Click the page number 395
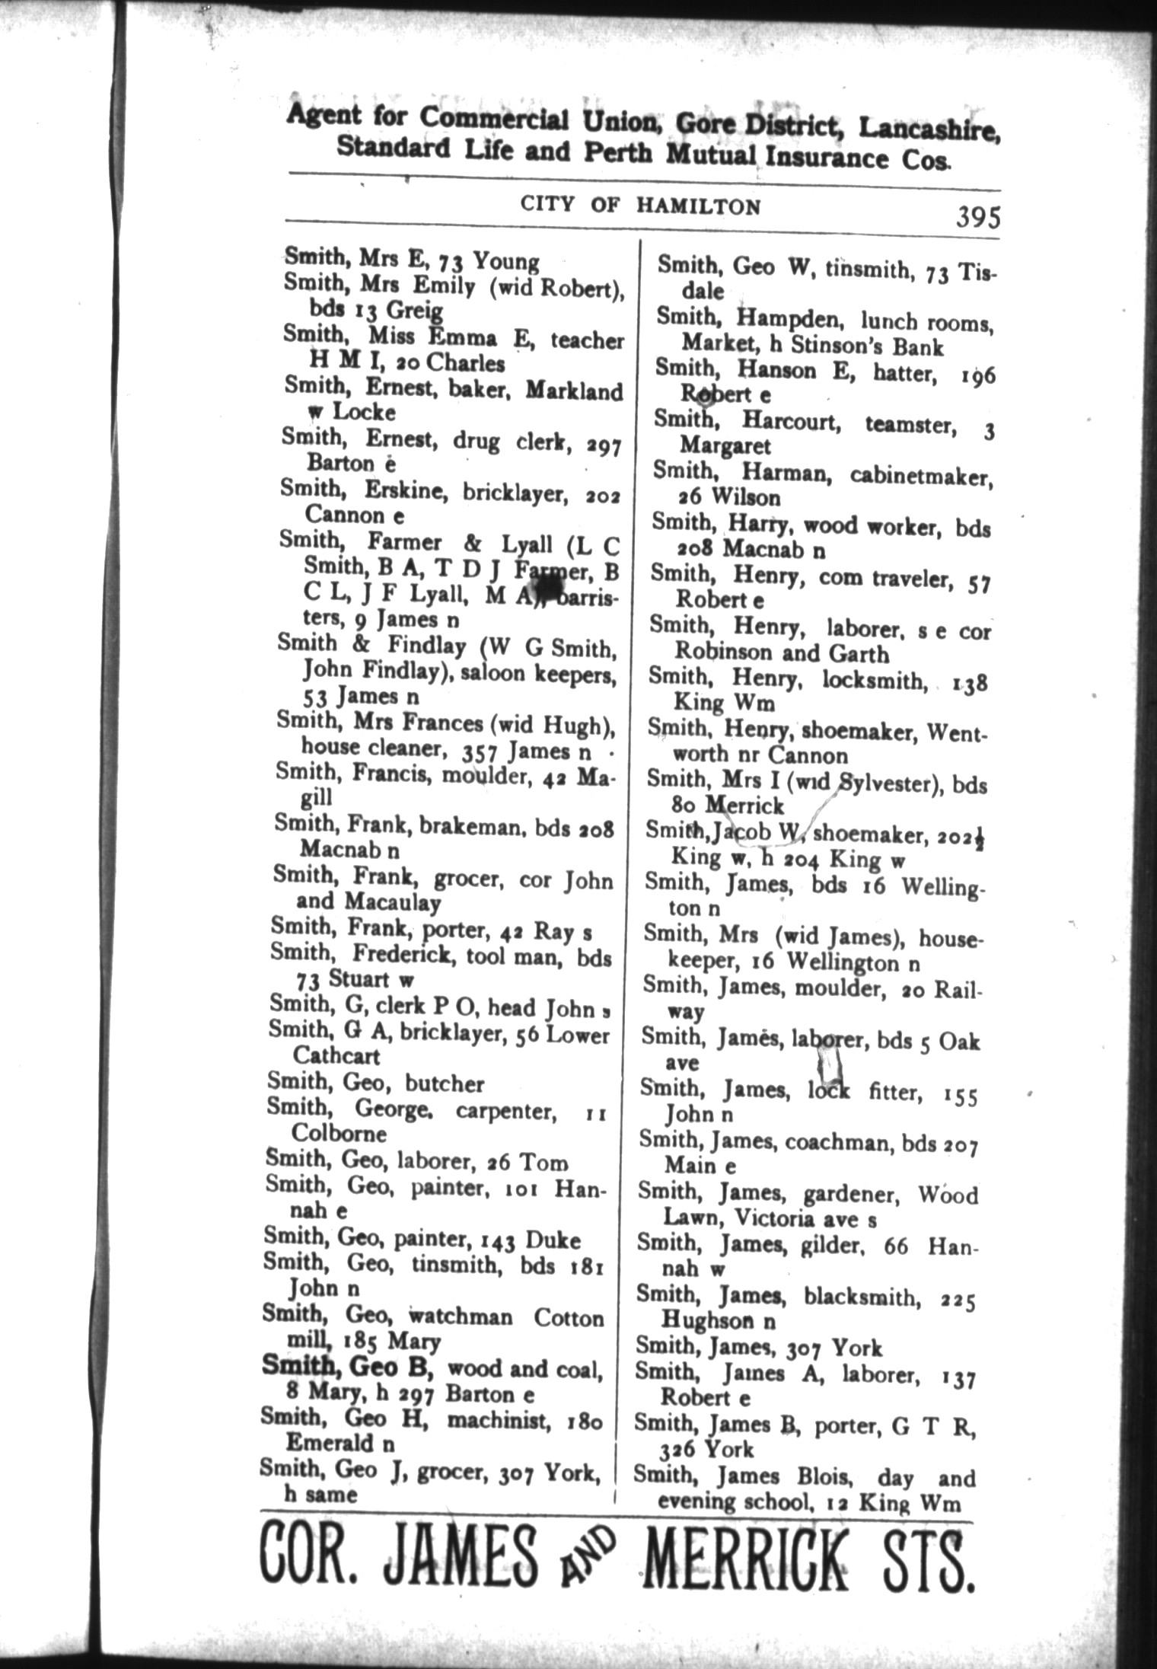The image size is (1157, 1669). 978,218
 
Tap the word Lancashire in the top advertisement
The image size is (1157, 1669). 929,129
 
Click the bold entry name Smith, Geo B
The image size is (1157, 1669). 347,1367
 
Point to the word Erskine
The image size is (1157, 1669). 406,491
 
